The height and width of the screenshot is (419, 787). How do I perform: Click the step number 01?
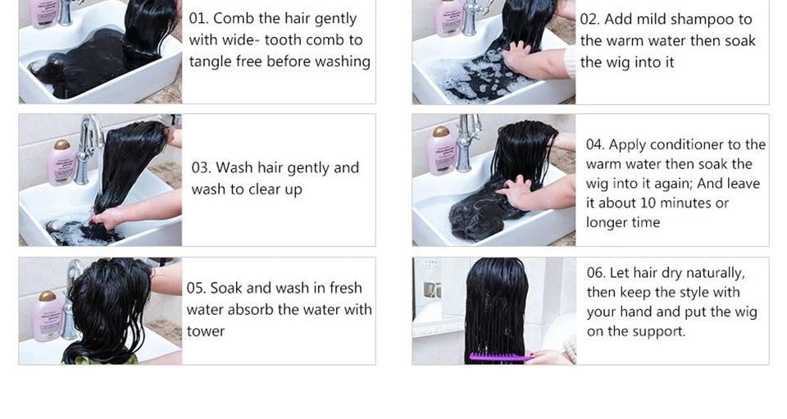[199, 18]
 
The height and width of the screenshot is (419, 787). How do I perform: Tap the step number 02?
[589, 19]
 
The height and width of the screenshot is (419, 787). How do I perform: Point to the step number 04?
[595, 145]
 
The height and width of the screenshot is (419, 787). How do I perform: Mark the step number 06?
[596, 273]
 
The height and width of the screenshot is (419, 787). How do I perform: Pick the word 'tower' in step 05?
[205, 331]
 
